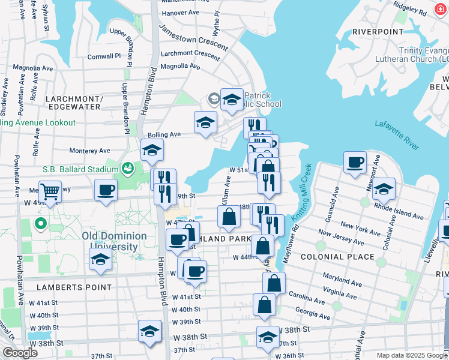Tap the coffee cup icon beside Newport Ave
pos(355,161)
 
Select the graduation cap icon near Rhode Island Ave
pos(384,189)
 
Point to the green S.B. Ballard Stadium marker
pos(127,167)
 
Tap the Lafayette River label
pos(396,134)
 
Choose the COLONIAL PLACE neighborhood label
pos(337,257)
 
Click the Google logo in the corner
pos(19,352)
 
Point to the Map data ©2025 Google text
pos(411,355)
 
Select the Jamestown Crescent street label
pos(193,37)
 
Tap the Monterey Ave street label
pos(90,151)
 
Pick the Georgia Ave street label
pos(312,313)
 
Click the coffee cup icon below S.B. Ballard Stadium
pos(106,190)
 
